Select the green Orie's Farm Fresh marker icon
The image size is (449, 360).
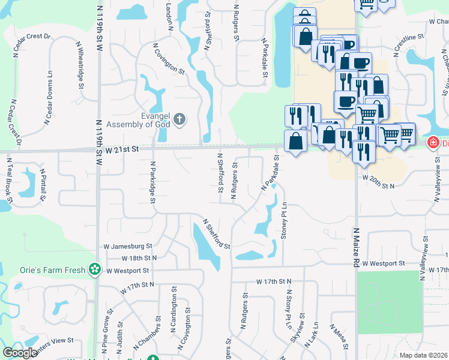94,269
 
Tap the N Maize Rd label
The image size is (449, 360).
356,247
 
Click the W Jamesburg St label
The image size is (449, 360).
128,246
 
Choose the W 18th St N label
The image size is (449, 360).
139,257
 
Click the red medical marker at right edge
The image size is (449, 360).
432,143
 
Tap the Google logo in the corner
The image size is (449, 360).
20,353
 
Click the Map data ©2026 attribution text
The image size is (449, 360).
423,355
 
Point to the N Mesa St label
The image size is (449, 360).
339,337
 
